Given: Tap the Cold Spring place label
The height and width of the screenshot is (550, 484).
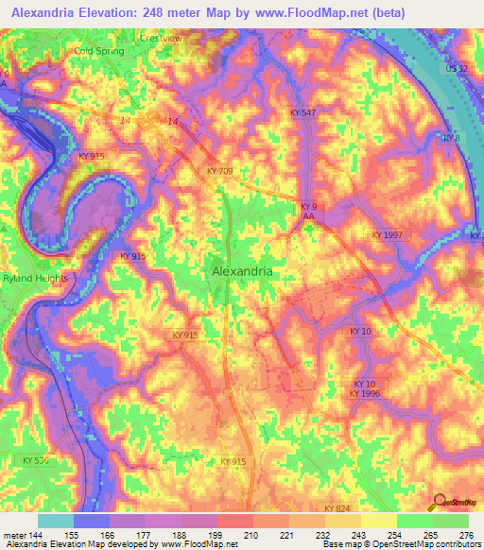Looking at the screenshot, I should pyautogui.click(x=99, y=51).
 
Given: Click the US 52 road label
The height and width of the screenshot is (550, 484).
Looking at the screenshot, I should pyautogui.click(x=457, y=70).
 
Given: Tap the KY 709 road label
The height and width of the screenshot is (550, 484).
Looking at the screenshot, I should pyautogui.click(x=219, y=171).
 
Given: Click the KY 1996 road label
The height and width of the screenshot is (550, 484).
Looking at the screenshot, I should pyautogui.click(x=364, y=393).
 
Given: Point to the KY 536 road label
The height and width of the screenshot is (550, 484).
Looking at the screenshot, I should pyautogui.click(x=34, y=460).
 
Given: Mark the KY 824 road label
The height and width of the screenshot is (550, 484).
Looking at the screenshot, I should pyautogui.click(x=337, y=508).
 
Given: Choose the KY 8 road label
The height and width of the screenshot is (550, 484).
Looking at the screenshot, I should pyautogui.click(x=451, y=138).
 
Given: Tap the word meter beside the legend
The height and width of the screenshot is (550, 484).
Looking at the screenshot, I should pyautogui.click(x=13, y=534).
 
